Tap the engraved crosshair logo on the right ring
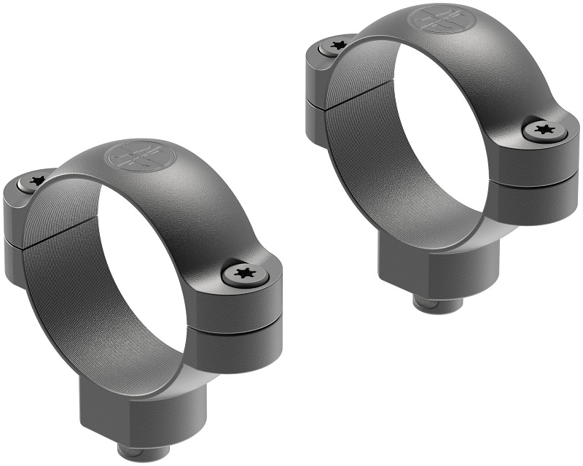[x=438, y=20]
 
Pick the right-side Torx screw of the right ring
[x=542, y=131]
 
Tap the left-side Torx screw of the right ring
[x=336, y=46]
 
